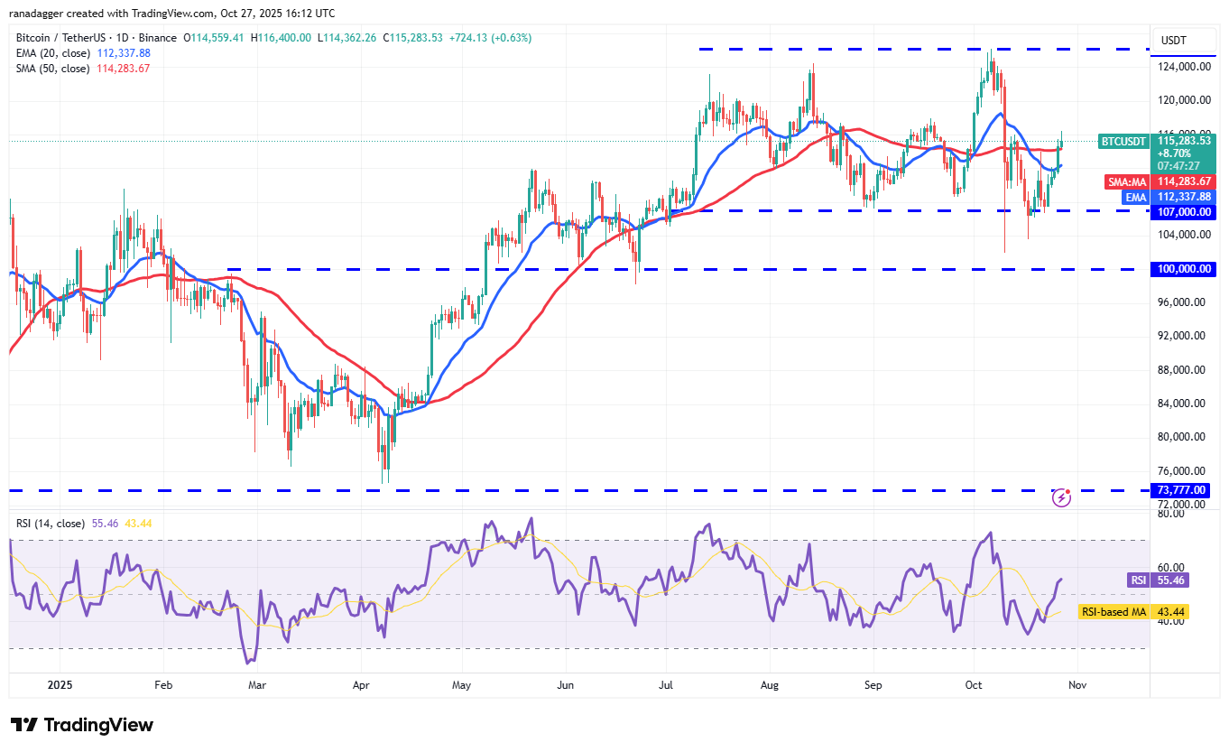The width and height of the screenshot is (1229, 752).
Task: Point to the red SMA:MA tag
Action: coord(1128,181)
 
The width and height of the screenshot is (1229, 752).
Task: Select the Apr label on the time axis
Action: coord(361,685)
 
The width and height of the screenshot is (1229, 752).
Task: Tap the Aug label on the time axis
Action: coord(769,685)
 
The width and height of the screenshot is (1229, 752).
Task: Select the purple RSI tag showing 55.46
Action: coord(1137,580)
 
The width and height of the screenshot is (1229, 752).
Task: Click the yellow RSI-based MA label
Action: coord(1113,612)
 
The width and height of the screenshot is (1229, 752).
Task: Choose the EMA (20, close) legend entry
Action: coord(52,53)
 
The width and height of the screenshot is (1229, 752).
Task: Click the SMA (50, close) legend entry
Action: coord(52,68)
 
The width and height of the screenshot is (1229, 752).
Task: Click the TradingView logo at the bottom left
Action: coord(82,725)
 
